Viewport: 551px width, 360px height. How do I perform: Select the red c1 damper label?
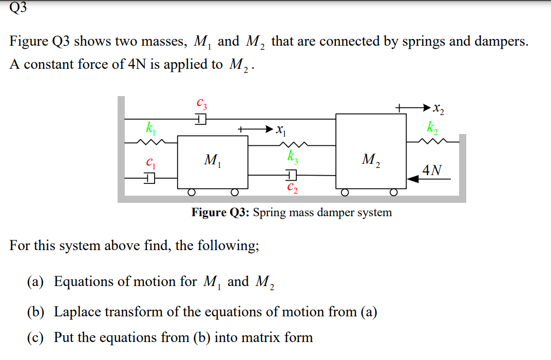point(149,164)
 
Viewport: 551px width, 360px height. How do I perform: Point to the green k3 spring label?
point(292,155)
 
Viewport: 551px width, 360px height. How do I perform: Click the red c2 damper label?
point(292,187)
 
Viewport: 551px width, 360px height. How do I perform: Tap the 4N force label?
point(432,170)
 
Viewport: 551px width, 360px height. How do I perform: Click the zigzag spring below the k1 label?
point(149,141)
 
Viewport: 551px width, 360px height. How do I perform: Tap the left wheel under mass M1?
point(191,193)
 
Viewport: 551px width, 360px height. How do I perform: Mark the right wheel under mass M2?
point(393,193)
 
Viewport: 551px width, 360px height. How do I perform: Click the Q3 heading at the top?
point(18,7)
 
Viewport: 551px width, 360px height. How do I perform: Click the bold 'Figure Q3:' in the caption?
point(220,213)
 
